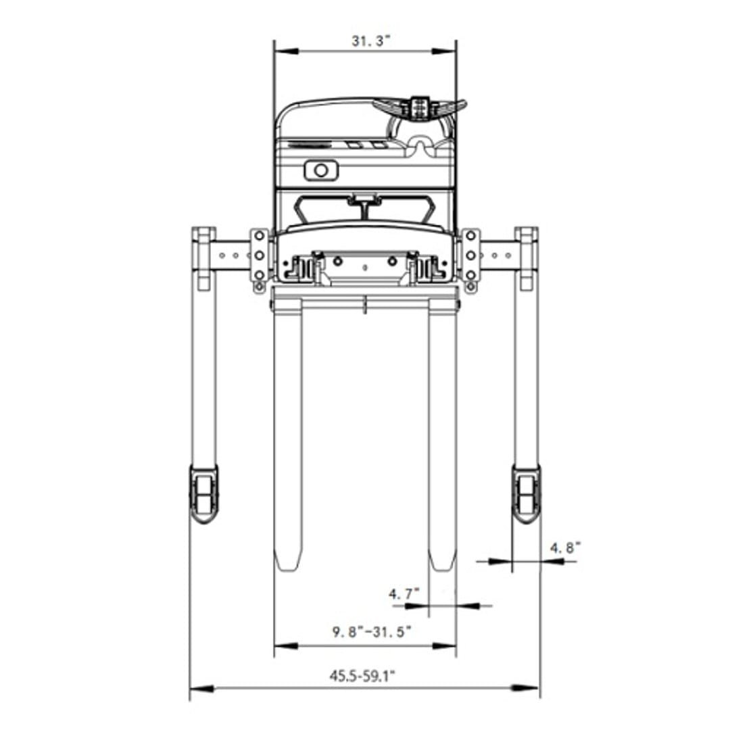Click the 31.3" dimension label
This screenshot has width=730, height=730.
click(x=370, y=41)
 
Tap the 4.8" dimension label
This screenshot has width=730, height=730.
click(x=566, y=547)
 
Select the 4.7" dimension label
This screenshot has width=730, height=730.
click(x=404, y=593)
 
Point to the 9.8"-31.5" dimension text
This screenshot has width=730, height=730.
click(x=372, y=632)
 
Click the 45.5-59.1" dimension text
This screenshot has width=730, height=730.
click(x=362, y=675)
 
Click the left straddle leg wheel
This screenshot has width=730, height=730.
click(x=203, y=494)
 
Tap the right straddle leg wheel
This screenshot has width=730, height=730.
click(x=527, y=493)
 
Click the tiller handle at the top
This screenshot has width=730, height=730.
click(x=420, y=108)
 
